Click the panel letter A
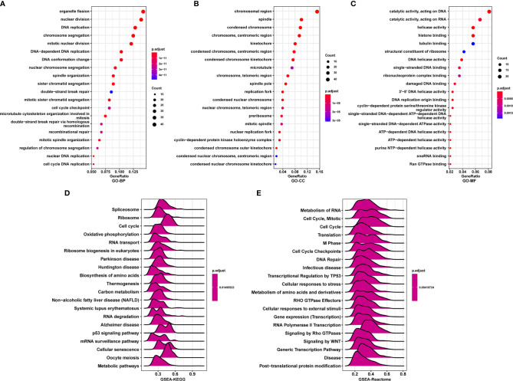point(5,5)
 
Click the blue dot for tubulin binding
point(474,44)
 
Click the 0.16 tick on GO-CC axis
point(317,169)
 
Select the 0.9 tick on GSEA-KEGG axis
point(206,366)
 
